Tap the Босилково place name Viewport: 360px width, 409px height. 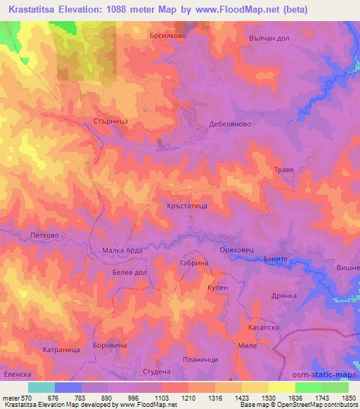(x=167, y=34)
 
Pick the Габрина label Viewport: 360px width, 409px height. (x=195, y=262)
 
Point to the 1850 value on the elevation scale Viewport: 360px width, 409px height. (x=349, y=398)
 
